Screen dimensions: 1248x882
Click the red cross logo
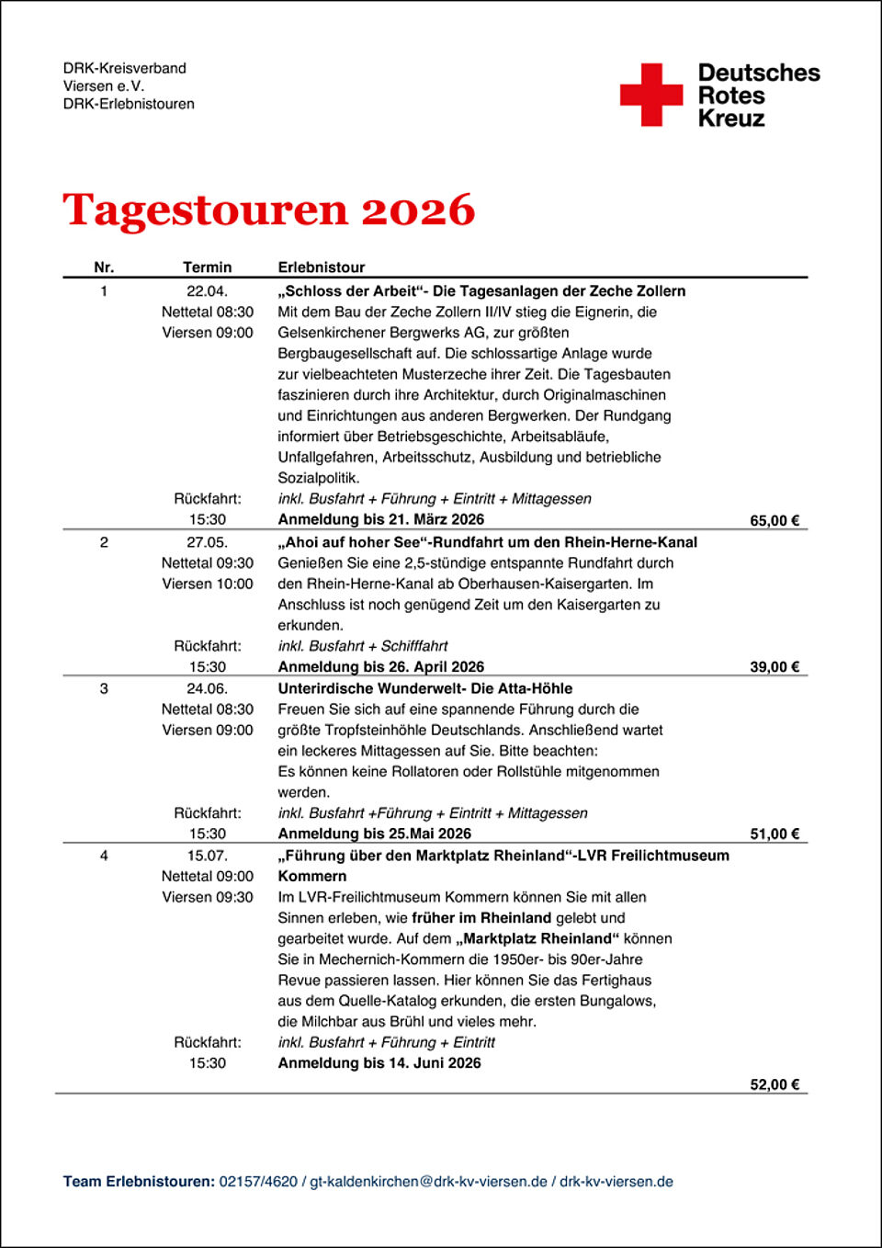tap(651, 94)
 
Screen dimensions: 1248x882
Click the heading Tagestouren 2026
tap(268, 210)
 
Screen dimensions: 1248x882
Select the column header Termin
tap(207, 267)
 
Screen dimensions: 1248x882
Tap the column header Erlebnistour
tap(321, 267)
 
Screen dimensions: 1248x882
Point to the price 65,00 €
tap(775, 520)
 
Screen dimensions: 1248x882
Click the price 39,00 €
tap(775, 667)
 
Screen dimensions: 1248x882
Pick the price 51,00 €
tap(775, 834)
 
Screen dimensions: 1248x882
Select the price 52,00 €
tap(775, 1084)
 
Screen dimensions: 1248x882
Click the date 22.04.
tap(207, 291)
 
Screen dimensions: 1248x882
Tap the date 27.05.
tap(207, 542)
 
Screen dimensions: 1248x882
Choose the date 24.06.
tap(207, 688)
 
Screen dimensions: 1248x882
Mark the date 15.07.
tap(207, 856)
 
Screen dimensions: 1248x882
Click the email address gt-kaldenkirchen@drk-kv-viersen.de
tap(428, 1182)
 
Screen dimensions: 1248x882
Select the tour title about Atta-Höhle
tap(424, 688)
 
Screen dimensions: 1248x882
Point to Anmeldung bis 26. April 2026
tap(380, 667)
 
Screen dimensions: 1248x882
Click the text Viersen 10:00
tap(207, 584)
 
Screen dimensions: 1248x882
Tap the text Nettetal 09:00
tap(207, 877)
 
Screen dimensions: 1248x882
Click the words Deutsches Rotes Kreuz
tap(758, 95)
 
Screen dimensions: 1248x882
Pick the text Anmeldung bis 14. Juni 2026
tap(379, 1063)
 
